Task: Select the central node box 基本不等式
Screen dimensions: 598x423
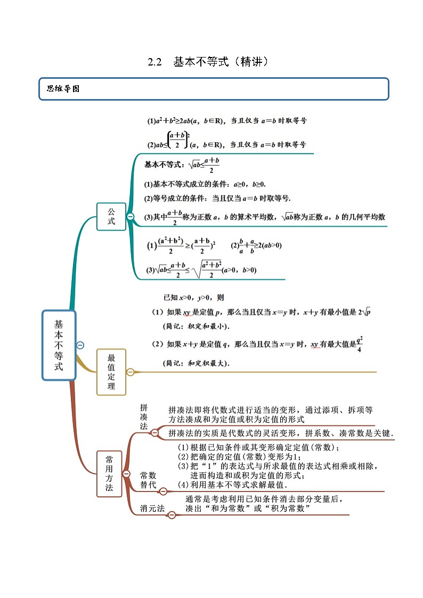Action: point(59,346)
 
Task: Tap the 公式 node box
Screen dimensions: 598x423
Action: point(111,216)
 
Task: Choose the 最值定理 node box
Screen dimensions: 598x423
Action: point(111,372)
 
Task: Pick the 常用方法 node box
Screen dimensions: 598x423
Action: point(109,473)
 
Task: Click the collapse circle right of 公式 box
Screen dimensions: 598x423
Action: point(130,216)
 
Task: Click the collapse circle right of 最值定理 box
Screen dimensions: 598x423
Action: point(130,372)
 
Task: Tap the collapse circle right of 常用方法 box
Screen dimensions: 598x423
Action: point(126,473)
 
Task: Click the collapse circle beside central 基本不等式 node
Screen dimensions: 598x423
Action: point(80,345)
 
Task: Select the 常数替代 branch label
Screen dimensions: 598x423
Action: point(148,480)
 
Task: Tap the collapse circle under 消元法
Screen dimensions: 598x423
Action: point(172,515)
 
